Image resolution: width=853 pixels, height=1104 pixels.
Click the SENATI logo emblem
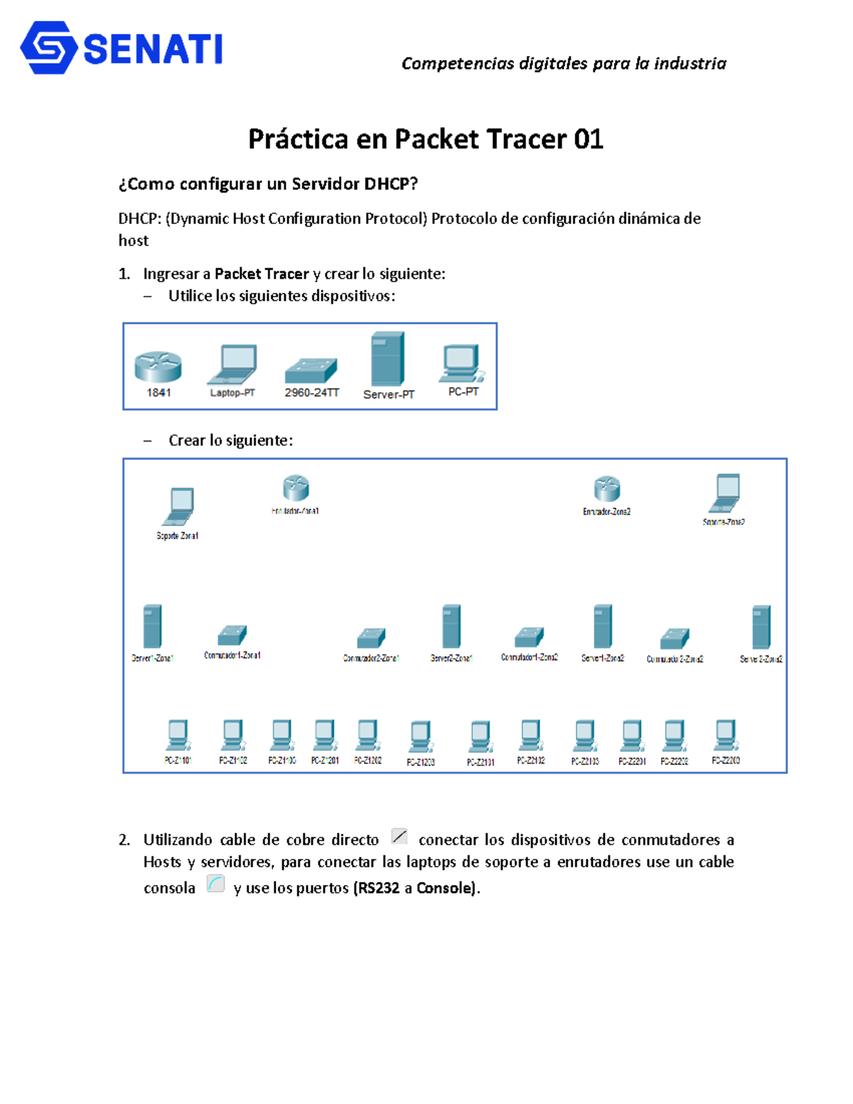(49, 48)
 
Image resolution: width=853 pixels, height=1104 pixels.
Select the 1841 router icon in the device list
(158, 367)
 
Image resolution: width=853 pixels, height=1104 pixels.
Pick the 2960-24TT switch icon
(311, 370)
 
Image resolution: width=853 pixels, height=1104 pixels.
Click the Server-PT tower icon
(388, 359)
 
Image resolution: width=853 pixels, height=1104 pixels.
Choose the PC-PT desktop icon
(462, 363)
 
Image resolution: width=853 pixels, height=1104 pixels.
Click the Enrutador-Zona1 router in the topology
(296, 488)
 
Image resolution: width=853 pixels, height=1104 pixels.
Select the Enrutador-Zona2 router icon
(607, 489)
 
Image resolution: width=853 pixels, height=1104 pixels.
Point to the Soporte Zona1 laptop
(178, 507)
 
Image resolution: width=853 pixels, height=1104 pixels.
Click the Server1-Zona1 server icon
(152, 626)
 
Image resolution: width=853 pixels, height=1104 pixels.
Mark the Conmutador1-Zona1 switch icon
(232, 635)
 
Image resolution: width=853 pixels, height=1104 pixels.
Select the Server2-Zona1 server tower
(451, 626)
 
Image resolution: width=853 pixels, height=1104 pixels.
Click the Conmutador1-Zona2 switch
(530, 636)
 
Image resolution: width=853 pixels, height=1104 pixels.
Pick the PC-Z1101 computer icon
(178, 735)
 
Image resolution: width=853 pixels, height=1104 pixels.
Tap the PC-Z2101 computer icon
(481, 736)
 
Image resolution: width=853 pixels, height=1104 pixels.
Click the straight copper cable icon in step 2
(399, 837)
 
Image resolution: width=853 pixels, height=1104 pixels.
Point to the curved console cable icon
(215, 884)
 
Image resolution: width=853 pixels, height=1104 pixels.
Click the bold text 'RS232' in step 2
(378, 888)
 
